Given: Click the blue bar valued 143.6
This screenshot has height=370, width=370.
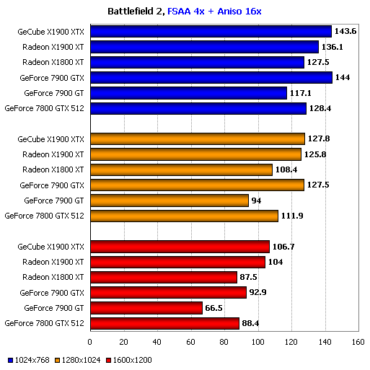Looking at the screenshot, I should (x=210, y=32).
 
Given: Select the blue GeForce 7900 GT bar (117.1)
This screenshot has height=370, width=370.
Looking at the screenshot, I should (x=188, y=93).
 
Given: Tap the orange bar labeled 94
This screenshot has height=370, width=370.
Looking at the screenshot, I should (x=169, y=201).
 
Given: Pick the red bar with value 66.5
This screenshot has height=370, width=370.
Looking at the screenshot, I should (x=146, y=308).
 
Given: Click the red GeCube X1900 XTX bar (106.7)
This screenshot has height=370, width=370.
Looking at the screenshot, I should (x=179, y=247).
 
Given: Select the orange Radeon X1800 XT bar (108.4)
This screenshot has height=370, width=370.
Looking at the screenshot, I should (x=180, y=169).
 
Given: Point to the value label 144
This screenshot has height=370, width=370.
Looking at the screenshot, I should (x=344, y=78).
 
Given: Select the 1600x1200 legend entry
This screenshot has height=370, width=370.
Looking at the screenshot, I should (x=132, y=359).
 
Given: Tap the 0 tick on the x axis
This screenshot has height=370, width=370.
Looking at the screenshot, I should (x=90, y=343).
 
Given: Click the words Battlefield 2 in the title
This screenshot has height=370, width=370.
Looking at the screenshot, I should (x=134, y=11).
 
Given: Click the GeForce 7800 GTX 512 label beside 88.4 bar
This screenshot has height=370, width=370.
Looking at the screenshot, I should (x=45, y=323).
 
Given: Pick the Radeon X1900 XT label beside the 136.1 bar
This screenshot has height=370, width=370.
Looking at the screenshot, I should (x=53, y=47).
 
